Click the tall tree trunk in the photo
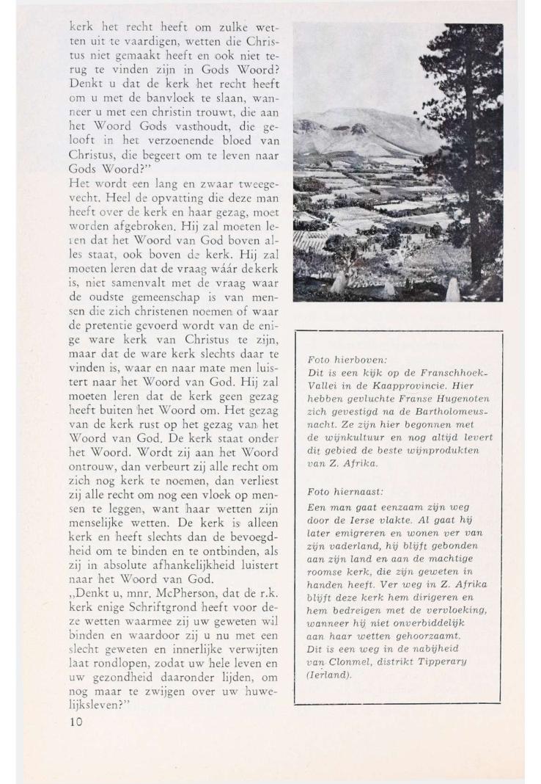pos(476,184)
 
